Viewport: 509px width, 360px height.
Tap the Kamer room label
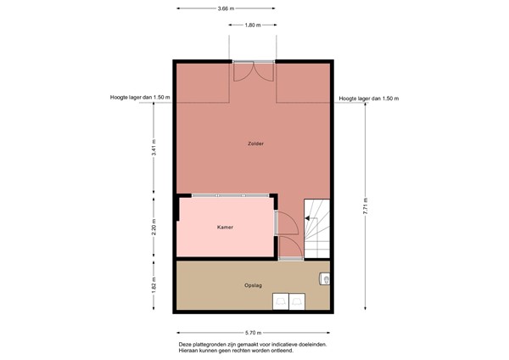(x=225, y=228)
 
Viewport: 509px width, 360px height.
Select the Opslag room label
(x=253, y=285)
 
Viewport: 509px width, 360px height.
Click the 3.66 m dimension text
(x=225, y=8)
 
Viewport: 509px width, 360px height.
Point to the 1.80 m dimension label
(x=252, y=25)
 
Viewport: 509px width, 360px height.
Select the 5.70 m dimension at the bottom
(x=253, y=332)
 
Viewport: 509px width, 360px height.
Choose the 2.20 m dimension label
(x=154, y=227)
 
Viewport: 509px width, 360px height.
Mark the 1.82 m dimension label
(x=154, y=284)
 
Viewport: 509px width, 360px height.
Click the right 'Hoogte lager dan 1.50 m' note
(x=368, y=98)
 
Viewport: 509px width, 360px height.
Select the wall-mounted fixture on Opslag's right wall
(x=326, y=278)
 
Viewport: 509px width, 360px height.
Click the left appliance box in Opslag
(x=278, y=301)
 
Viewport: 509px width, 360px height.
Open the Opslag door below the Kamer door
(x=288, y=247)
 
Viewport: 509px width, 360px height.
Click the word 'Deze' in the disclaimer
(x=186, y=344)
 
